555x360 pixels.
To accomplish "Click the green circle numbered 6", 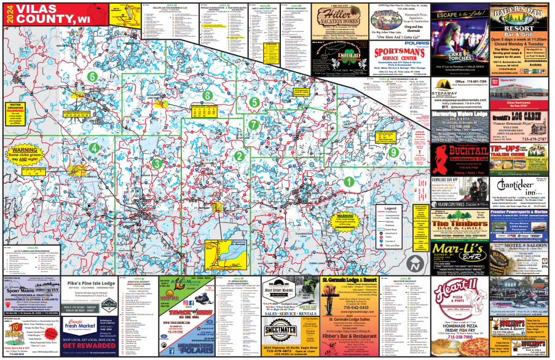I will point(92,77).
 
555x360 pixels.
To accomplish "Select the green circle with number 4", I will point(93,148).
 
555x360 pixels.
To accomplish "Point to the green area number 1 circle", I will point(348,182).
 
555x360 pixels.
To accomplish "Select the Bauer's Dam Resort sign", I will point(517,15).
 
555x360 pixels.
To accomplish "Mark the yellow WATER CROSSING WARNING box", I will point(19,110).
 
